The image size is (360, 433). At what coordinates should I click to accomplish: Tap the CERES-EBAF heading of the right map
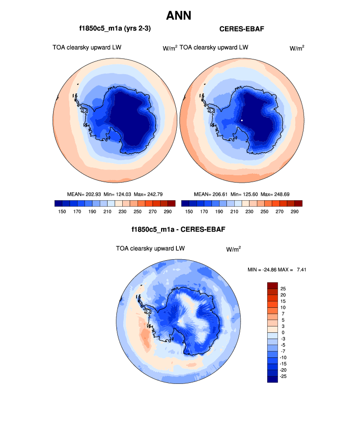[242, 29]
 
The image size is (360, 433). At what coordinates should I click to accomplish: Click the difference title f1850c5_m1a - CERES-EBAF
[179, 229]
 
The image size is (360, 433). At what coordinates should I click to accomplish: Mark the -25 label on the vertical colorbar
[283, 376]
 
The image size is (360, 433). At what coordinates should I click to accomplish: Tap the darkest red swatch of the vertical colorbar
[273, 285]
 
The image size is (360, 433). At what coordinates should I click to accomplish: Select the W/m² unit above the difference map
[233, 249]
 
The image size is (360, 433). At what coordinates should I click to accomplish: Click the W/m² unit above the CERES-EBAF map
[297, 48]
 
